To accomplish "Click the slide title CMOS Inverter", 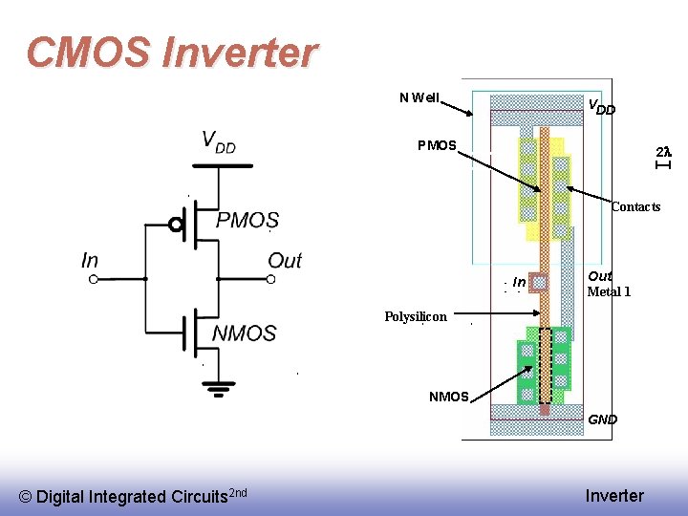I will point(171,53).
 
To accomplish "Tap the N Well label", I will point(419,97).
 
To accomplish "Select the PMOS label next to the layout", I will point(437,146).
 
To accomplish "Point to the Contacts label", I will point(635,207).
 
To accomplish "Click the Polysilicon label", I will point(416,316).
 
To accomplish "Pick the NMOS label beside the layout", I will point(448,397).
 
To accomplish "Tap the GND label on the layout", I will point(603,419).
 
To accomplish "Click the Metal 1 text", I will point(609,292).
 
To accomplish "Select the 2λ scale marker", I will point(663,153).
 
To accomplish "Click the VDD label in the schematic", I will point(219,142).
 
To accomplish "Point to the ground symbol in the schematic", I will point(220,388).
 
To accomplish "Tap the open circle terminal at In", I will point(94,279).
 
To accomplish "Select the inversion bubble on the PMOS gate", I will point(176,225).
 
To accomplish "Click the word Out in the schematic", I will point(285,260).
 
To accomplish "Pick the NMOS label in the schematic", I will point(244,333).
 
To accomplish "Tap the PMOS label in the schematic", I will point(247,221).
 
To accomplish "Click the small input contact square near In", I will point(540,282).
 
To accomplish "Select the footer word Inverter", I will point(614,495).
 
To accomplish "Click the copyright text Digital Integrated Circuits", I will point(133,496).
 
